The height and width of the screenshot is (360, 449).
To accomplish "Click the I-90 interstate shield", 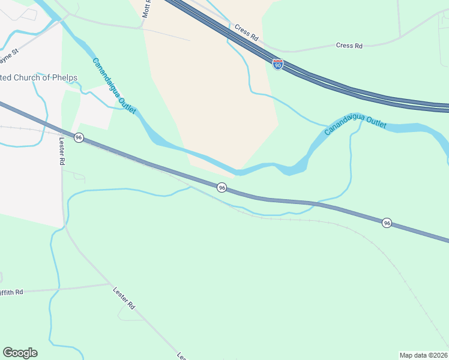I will pyautogui.click(x=277, y=64).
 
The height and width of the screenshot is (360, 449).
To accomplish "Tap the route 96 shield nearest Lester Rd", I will pyautogui.click(x=79, y=137).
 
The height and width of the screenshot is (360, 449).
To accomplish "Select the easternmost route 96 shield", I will pyautogui.click(x=387, y=223).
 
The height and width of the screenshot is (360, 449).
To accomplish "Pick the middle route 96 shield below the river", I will pyautogui.click(x=221, y=188).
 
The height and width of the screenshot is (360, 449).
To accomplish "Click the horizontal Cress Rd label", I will pyautogui.click(x=349, y=46).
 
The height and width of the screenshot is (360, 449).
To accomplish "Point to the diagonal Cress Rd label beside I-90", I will pyautogui.click(x=247, y=32).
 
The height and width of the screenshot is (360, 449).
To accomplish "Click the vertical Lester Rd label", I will pyautogui.click(x=61, y=151).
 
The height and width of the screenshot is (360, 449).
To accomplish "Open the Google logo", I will pyautogui.click(x=20, y=353).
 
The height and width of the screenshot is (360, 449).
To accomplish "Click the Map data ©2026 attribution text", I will pyautogui.click(x=423, y=355).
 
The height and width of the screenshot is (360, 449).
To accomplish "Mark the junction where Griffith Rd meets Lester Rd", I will pyautogui.click(x=109, y=284).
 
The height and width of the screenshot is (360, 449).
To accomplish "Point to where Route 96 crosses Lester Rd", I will pyautogui.click(x=62, y=131).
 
